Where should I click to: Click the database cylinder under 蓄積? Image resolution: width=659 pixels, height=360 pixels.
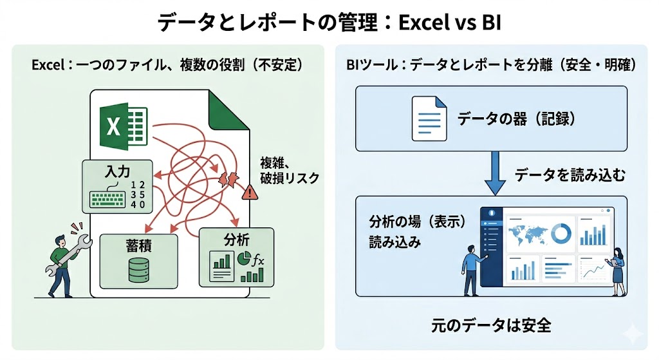tap(138, 270)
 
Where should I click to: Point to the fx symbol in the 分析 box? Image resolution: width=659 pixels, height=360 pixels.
tap(258, 261)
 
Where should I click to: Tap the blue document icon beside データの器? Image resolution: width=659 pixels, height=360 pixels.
tap(429, 118)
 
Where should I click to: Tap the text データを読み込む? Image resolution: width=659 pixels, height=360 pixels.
tap(570, 175)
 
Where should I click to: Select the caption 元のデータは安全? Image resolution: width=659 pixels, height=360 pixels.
tap(491, 325)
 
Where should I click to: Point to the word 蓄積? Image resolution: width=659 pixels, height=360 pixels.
tap(138, 245)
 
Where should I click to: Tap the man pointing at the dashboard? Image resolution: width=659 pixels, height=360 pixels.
tap(472, 270)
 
